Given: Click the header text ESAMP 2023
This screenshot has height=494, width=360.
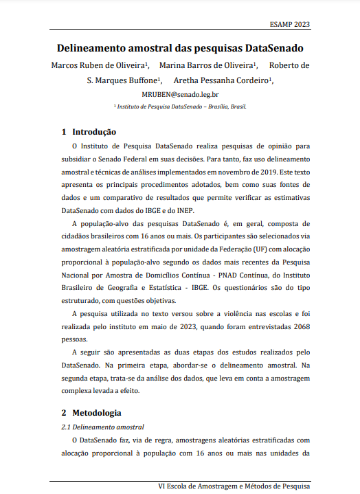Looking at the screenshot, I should click(291, 24).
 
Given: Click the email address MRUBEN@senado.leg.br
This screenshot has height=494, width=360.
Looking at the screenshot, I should click(180, 94).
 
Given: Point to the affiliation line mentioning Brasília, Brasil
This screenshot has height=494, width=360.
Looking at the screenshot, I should click(180, 107).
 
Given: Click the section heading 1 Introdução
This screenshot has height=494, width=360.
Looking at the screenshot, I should click(89, 131).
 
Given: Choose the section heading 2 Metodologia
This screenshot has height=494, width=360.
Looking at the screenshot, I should click(91, 413).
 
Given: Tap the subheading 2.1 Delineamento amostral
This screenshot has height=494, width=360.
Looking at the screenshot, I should click(102, 427).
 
